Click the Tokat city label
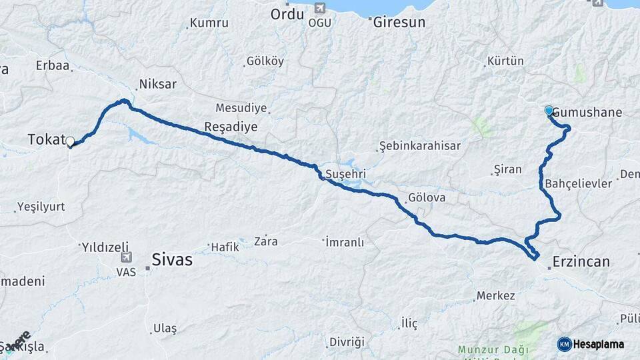(45, 139)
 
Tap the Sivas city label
(172, 259)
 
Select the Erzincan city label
(581, 261)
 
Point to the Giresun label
(399, 21)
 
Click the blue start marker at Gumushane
(549, 111)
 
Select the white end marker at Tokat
(70, 141)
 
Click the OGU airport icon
(319, 9)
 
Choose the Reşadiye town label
(231, 127)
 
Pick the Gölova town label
(427, 198)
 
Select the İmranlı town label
(345, 241)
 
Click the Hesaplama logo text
(601, 344)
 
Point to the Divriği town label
(347, 342)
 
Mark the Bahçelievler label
(578, 183)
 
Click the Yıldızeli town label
(105, 247)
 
